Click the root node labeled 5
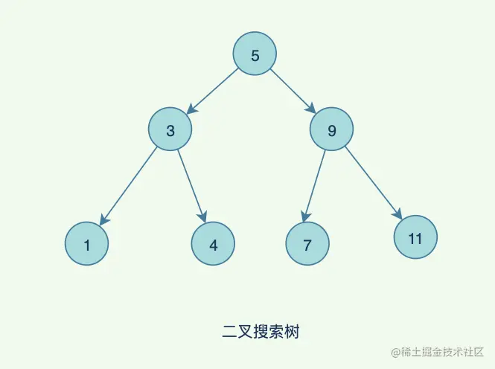tap(255, 55)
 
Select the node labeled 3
tap(170, 131)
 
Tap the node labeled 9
tap(331, 131)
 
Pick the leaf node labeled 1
tap(86, 243)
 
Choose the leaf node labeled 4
tap(213, 243)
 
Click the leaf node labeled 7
tap(307, 243)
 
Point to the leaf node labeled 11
tap(415, 238)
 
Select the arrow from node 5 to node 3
tap(212, 92)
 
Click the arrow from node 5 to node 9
tap(292, 91)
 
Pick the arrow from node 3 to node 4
tap(191, 184)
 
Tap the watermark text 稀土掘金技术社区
tap(440, 351)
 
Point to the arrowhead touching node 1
tap(103, 219)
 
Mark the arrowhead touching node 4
tap(202, 216)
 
